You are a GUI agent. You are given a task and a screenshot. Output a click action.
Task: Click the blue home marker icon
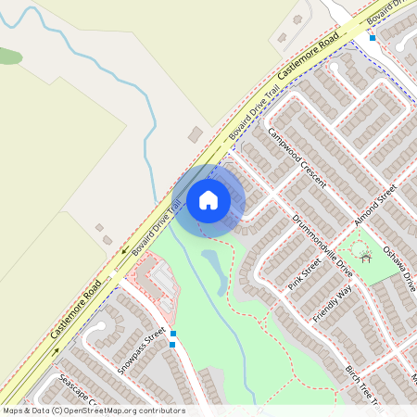[x=208, y=200]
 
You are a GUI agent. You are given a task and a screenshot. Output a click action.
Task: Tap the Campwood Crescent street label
[x=297, y=156]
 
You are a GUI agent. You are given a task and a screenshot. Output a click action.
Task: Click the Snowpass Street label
[x=142, y=349]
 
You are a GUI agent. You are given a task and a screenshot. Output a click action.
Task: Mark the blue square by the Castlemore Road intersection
[x=373, y=38]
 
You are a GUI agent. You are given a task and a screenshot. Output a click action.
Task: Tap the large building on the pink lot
[x=159, y=279]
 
